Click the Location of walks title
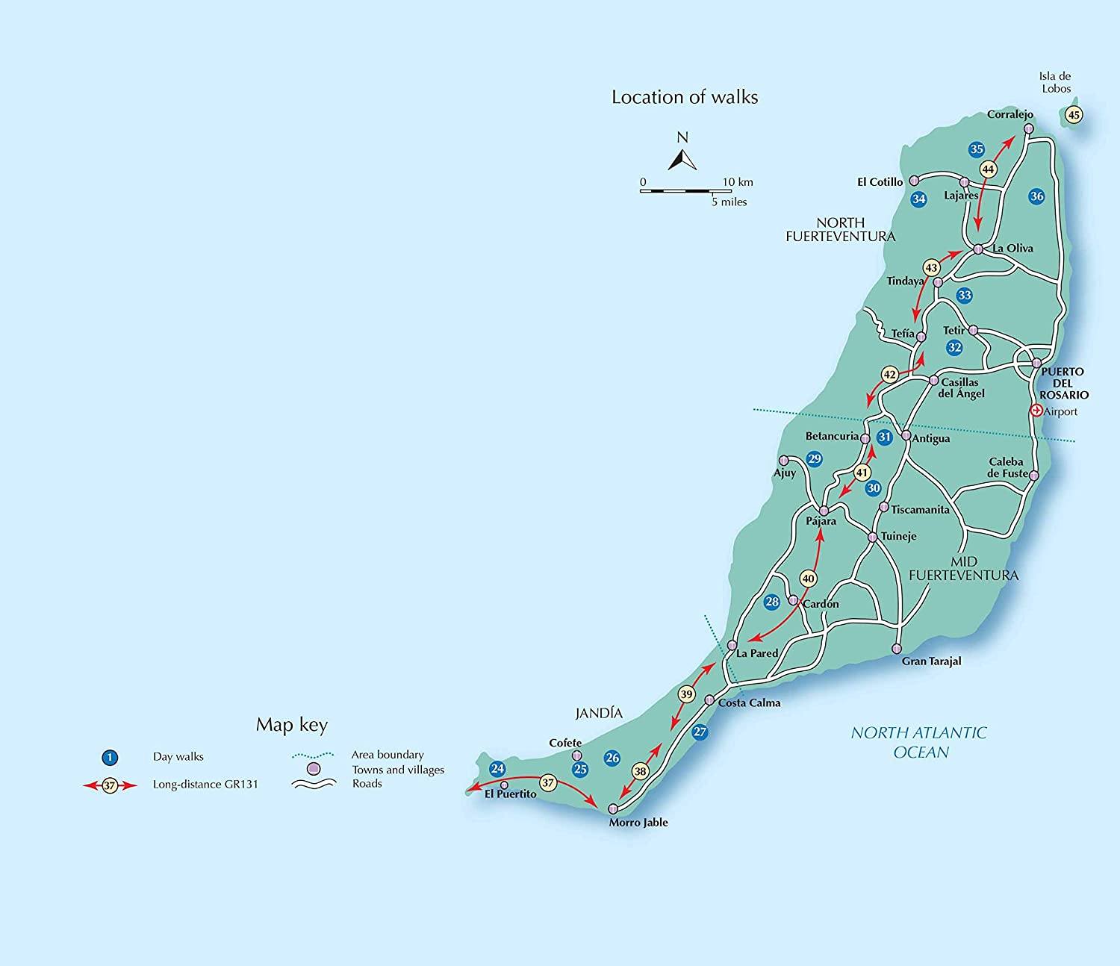684,97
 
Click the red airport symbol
1036,411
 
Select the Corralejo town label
1009,115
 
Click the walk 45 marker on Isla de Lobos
1074,115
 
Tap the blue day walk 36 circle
1036,196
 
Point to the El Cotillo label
880,181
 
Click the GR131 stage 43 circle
931,267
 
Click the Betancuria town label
831,436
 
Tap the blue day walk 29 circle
815,459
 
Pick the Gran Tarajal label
931,661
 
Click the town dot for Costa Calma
709,700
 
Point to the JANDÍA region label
599,714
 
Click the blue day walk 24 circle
497,769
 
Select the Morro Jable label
638,823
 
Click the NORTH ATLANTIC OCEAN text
918,742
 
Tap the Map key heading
291,725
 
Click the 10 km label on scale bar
737,182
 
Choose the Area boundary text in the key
387,755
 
